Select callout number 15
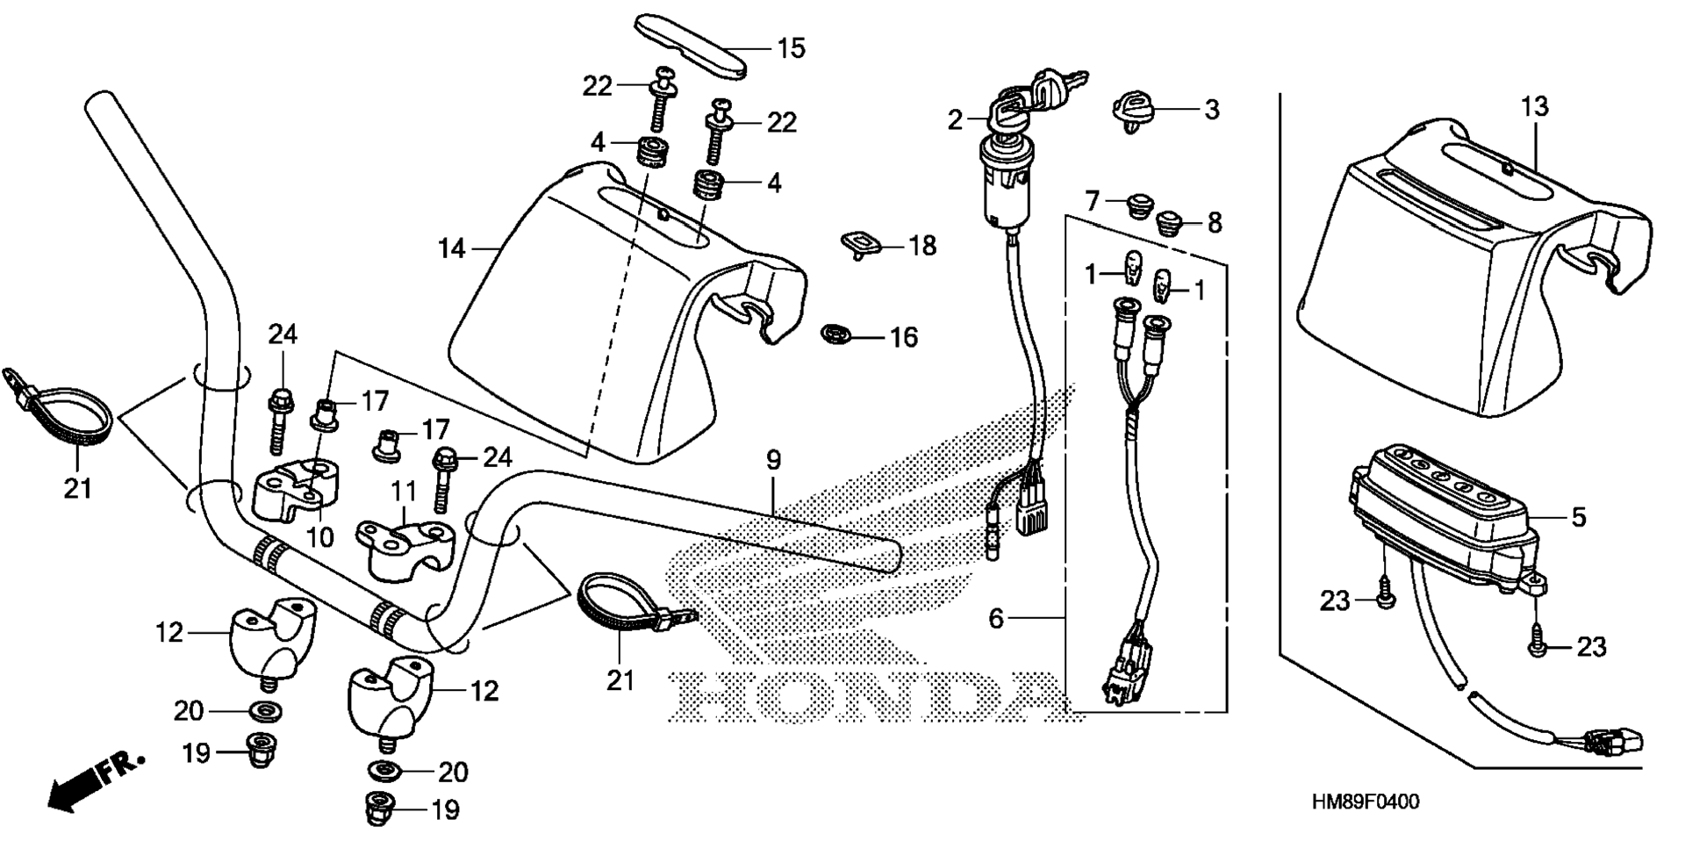pyautogui.click(x=791, y=47)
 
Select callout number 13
pyautogui.click(x=1535, y=106)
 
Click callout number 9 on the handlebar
pyautogui.click(x=772, y=459)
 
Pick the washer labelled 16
pyautogui.click(x=835, y=334)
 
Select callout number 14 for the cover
pyautogui.click(x=452, y=249)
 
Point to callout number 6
pyautogui.click(x=996, y=618)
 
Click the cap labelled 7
pyautogui.click(x=1140, y=207)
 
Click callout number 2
pyautogui.click(x=955, y=119)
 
